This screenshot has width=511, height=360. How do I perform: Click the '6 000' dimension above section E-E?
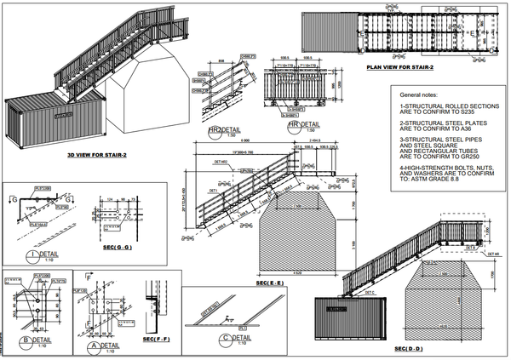[x=245, y=141]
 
